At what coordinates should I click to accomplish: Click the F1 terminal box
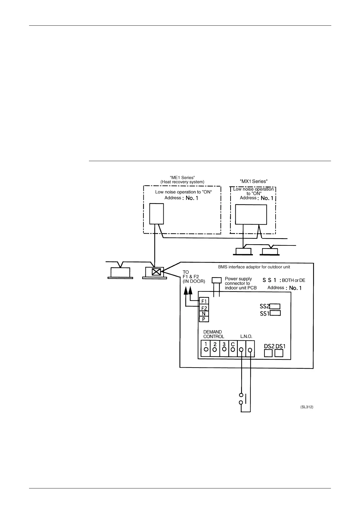click(204, 301)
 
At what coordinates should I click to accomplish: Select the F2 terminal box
click(204, 308)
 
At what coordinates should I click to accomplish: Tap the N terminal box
click(204, 314)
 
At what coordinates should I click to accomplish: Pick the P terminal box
click(204, 319)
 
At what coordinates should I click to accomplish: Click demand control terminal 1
click(206, 348)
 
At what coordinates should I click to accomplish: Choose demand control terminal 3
click(224, 348)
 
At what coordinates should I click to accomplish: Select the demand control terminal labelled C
click(233, 348)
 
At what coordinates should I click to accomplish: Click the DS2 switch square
click(268, 353)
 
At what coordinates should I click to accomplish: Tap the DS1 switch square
click(279, 353)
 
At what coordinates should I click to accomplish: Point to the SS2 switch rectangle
click(275, 306)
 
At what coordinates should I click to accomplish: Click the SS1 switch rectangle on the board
click(275, 313)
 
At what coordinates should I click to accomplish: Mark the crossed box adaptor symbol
click(156, 271)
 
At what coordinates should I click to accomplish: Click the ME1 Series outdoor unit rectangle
click(157, 213)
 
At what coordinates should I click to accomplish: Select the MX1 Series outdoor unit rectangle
click(251, 214)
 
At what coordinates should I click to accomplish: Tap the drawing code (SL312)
click(307, 407)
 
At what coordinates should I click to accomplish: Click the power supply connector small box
click(217, 280)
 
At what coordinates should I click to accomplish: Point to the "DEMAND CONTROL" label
click(214, 334)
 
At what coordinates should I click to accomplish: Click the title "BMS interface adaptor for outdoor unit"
click(254, 267)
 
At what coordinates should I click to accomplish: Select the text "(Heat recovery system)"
click(182, 182)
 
